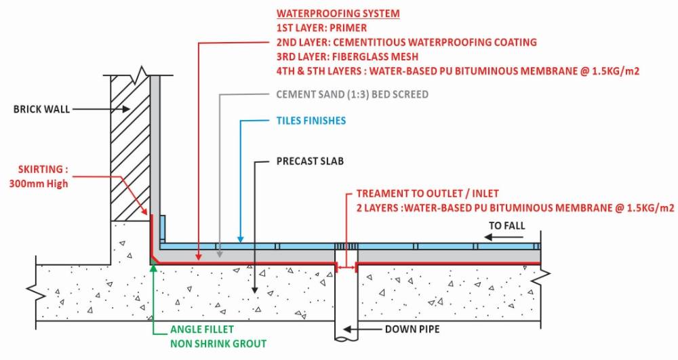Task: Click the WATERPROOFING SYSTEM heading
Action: tap(337, 14)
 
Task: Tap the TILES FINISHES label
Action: tap(311, 121)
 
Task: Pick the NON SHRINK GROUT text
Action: tap(218, 344)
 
